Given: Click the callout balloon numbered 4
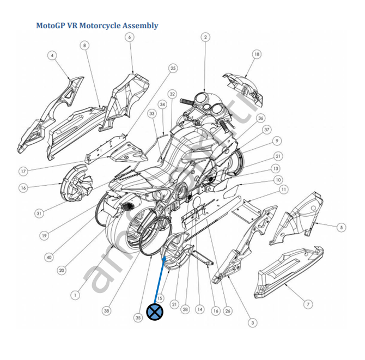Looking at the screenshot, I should click(52, 55).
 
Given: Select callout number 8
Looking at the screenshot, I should click(84, 45).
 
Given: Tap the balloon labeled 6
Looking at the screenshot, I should click(129, 37).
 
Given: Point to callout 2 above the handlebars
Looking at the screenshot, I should click(205, 37).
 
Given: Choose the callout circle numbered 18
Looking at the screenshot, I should click(257, 54).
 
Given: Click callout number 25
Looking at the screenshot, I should click(173, 68).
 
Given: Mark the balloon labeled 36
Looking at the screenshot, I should click(261, 118).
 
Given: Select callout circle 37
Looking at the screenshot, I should click(266, 130).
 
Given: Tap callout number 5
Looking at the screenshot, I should click(341, 227).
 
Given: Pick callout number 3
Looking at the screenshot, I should click(252, 322).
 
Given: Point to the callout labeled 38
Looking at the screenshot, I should click(106, 310).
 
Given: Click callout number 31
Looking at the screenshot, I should click(39, 213).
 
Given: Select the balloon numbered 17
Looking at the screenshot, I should click(23, 171).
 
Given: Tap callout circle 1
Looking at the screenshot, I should click(75, 295).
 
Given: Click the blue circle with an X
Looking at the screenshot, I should click(155, 312).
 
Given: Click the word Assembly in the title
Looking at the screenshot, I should click(140, 26).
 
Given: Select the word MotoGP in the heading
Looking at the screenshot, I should click(50, 26).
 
